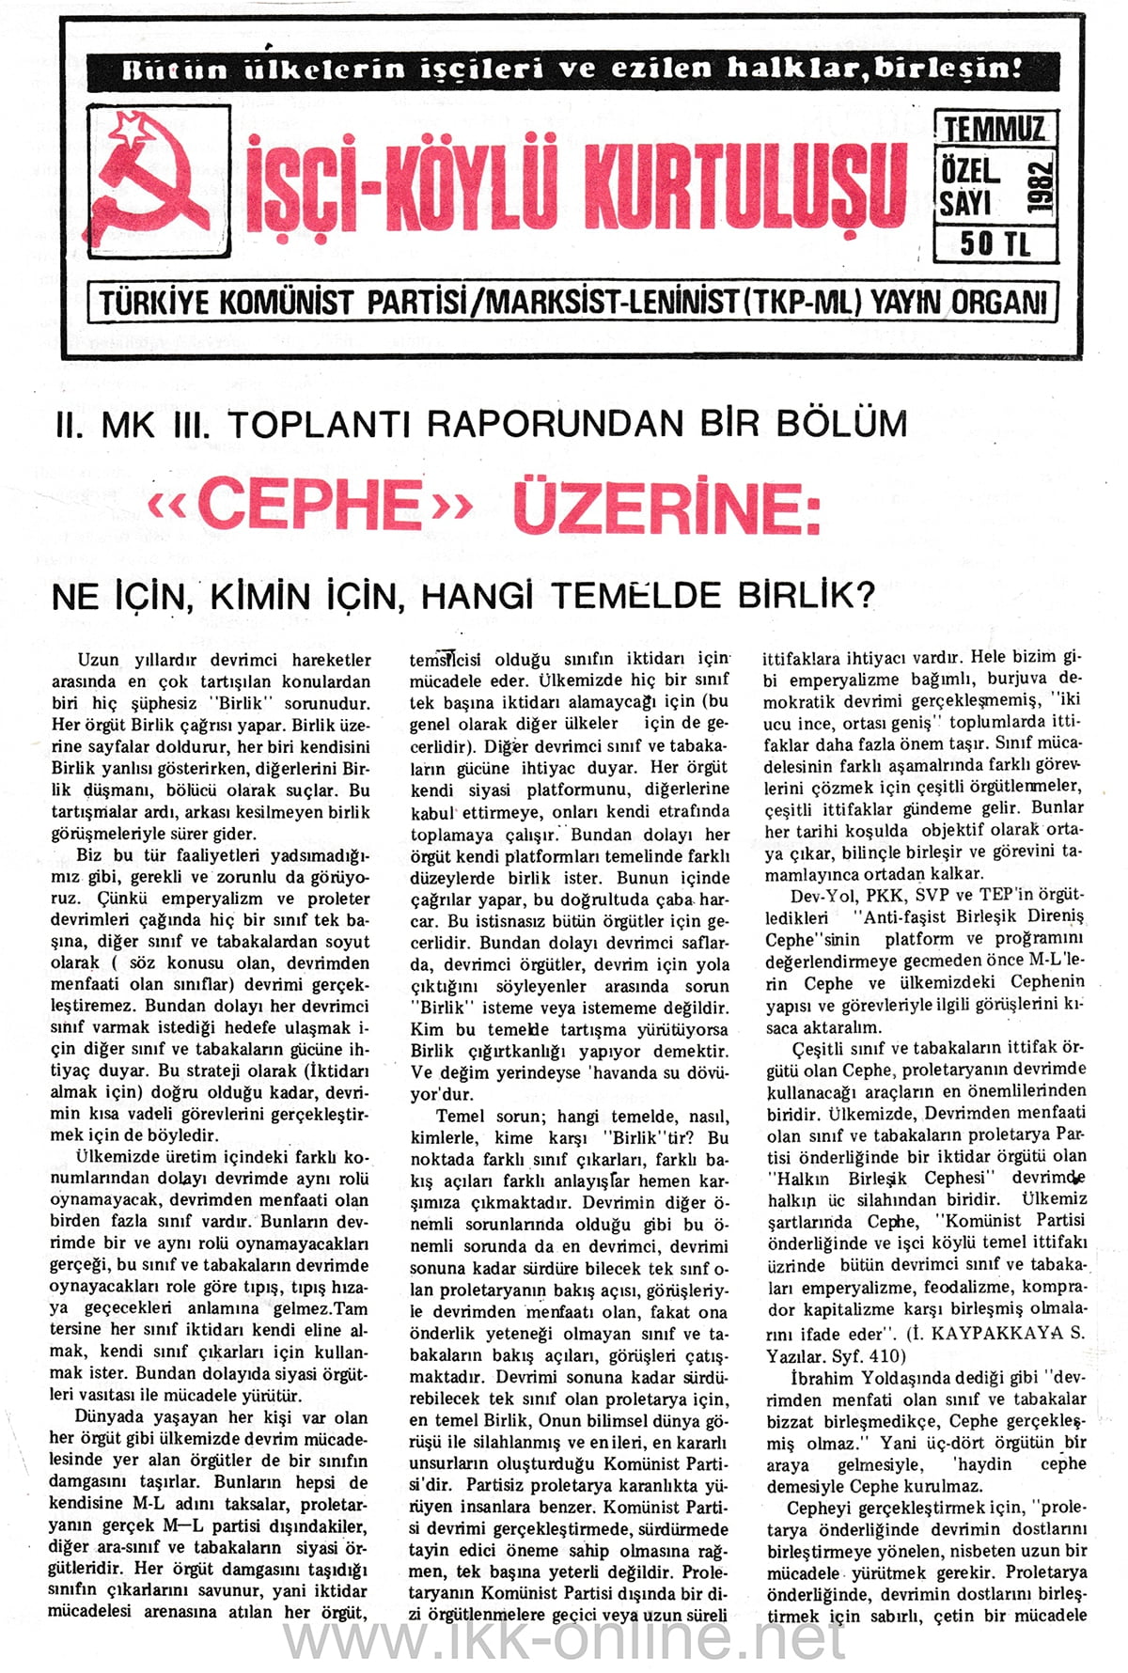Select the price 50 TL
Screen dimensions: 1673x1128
995,244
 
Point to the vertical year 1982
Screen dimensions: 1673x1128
1041,187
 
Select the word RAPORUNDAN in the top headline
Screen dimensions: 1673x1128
556,424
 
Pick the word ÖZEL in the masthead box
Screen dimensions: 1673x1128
969,170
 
